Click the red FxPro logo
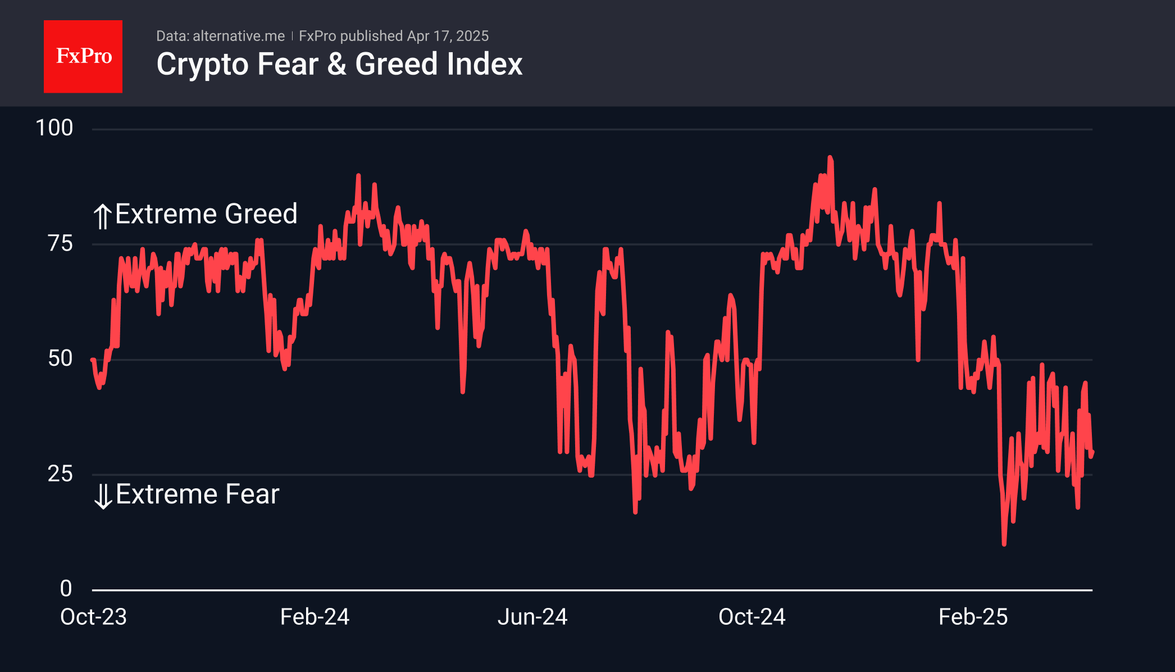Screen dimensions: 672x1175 pyautogui.click(x=83, y=56)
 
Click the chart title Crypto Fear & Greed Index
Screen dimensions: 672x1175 pyautogui.click(x=339, y=64)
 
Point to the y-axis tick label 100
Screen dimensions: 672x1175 pyautogui.click(x=54, y=128)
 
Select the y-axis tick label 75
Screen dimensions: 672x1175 pyautogui.click(x=60, y=243)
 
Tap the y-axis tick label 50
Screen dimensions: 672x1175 pyautogui.click(x=60, y=358)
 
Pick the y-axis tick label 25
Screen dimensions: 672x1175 pyautogui.click(x=60, y=474)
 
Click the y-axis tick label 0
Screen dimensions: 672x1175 pyautogui.click(x=66, y=589)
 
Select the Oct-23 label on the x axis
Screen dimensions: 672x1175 pyautogui.click(x=93, y=617)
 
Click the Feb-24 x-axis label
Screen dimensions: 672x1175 pyautogui.click(x=315, y=617)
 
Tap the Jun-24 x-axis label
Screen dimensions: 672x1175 pyautogui.click(x=532, y=617)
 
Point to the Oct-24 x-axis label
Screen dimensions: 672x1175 pyautogui.click(x=752, y=617)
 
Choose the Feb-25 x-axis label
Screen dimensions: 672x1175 pyautogui.click(x=973, y=617)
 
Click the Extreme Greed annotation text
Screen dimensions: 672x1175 pyautogui.click(x=206, y=214)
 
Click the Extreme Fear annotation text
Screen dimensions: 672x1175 pyautogui.click(x=197, y=494)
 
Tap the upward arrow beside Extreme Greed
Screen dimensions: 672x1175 pyautogui.click(x=102, y=216)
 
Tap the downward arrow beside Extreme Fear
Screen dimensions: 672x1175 pyautogui.click(x=103, y=496)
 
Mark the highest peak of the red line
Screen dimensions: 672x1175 pyautogui.click(x=830, y=158)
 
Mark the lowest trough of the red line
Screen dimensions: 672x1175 pyautogui.click(x=1004, y=543)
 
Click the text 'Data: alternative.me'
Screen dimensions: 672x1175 pyautogui.click(x=220, y=36)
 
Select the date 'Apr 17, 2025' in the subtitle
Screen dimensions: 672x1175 pyautogui.click(x=448, y=36)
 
